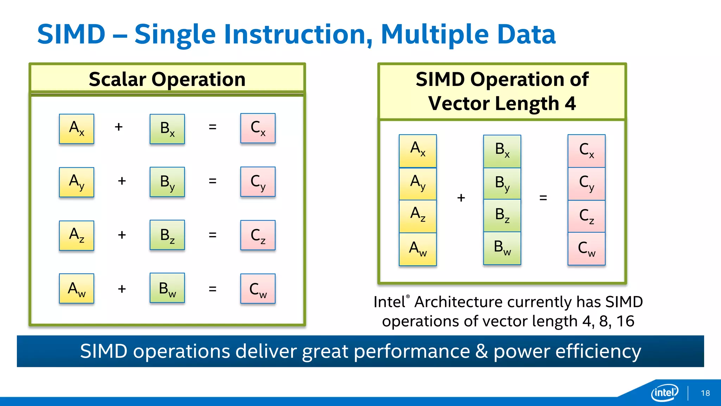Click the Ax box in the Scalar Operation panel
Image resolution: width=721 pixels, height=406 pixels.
tap(76, 129)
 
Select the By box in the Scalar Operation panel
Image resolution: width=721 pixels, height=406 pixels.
tap(167, 182)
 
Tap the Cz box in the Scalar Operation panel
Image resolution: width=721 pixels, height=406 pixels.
tap(258, 235)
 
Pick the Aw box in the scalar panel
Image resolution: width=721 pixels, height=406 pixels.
tap(76, 288)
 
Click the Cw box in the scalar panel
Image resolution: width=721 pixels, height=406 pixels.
tap(258, 289)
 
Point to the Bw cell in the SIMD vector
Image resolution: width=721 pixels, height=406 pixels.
tap(502, 248)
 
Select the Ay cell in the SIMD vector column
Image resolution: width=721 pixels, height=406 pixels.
tap(418, 184)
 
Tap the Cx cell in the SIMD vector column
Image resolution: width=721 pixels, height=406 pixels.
tap(587, 151)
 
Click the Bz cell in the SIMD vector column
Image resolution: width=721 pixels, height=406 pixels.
tap(502, 215)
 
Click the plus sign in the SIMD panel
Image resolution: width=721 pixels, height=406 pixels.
tap(461, 198)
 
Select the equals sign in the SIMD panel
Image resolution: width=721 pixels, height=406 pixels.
tap(543, 198)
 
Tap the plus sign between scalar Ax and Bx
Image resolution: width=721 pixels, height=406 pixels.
tap(119, 127)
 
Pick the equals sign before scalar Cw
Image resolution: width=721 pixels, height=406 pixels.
tap(212, 289)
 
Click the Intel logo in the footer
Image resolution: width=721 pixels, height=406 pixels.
tap(664, 392)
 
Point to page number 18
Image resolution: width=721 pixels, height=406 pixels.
tap(705, 393)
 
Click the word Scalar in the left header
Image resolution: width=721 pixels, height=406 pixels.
tap(117, 79)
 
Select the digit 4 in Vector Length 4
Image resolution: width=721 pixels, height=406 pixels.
tap(570, 104)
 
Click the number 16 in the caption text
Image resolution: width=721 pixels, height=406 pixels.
tap(625, 321)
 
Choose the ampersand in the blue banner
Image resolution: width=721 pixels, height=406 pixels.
tap(481, 351)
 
